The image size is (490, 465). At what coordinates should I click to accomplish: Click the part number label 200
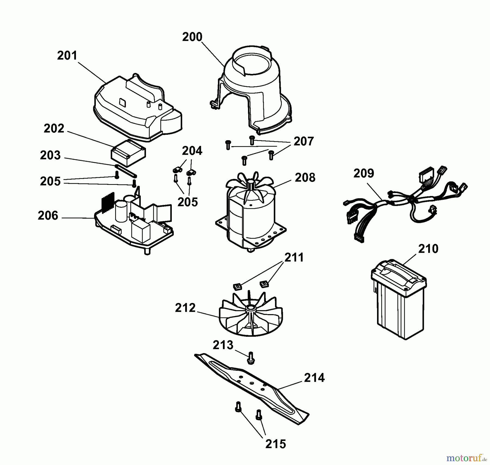tap(192, 37)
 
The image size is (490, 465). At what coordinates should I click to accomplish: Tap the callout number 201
tap(67, 56)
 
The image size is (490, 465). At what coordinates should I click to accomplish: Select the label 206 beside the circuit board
tap(48, 216)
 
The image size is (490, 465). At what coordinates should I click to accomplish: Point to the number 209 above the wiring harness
tap(364, 173)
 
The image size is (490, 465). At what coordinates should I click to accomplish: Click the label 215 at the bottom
tap(275, 444)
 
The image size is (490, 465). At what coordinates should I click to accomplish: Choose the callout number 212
tap(185, 308)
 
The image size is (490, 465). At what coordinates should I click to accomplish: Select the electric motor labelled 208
tap(250, 212)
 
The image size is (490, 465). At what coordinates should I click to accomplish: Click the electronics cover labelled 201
tap(136, 109)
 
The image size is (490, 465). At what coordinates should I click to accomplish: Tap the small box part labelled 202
tap(128, 153)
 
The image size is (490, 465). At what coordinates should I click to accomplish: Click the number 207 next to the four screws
tap(304, 142)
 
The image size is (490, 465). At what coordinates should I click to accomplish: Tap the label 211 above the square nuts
tap(294, 258)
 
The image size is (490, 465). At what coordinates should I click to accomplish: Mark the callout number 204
tap(192, 151)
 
